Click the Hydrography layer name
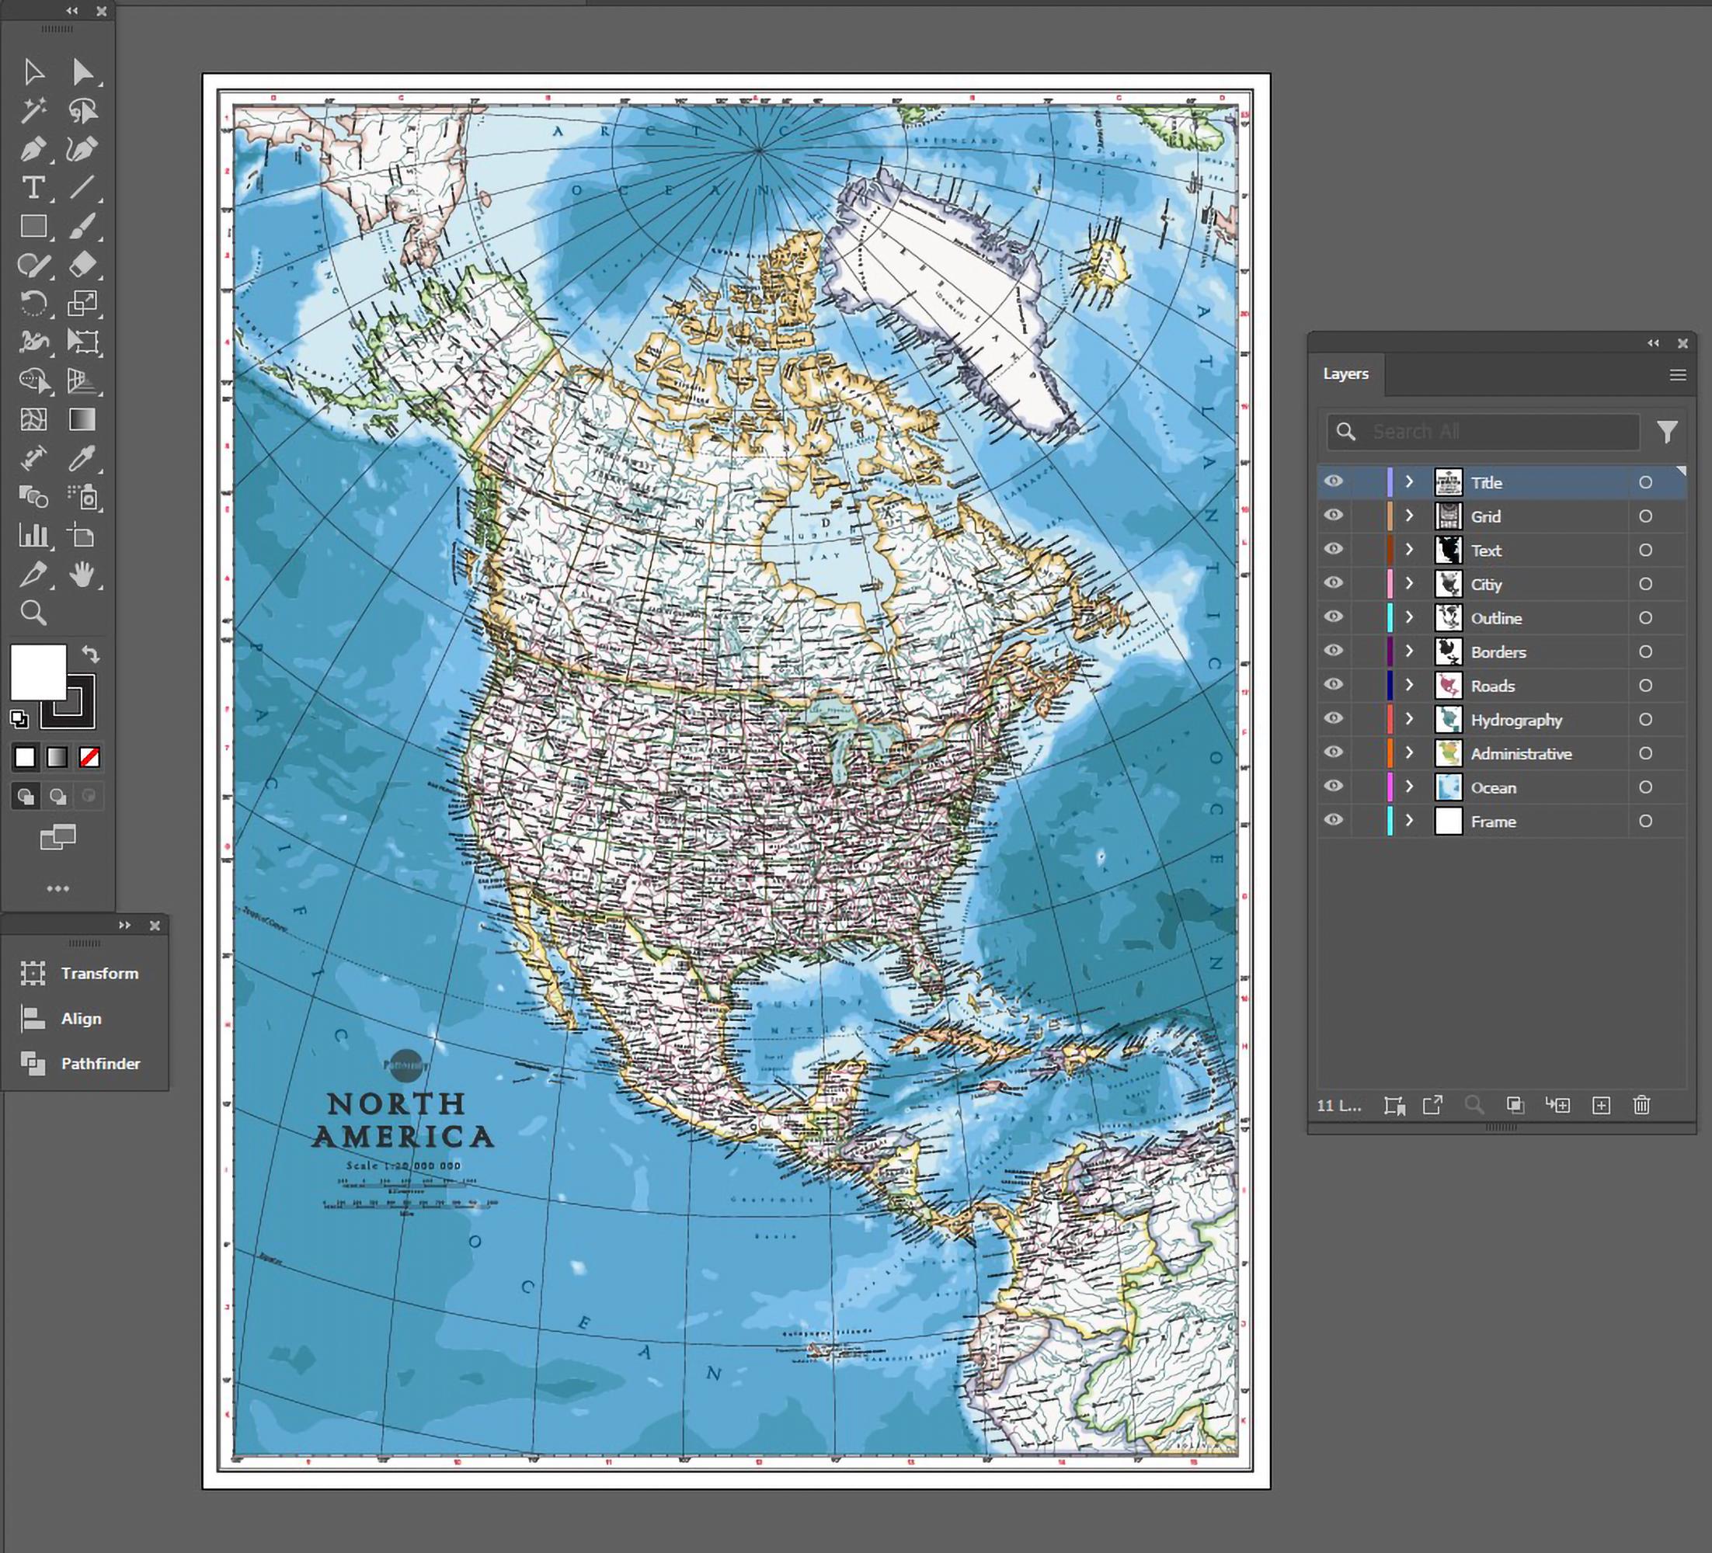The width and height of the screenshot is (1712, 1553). point(1515,720)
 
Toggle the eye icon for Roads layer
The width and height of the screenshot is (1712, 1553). point(1333,684)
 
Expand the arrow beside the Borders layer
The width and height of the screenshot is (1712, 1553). point(1409,651)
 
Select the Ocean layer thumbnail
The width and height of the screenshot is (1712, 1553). point(1448,787)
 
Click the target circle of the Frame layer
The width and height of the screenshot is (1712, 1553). point(1645,821)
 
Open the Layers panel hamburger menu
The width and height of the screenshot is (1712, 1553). point(1677,374)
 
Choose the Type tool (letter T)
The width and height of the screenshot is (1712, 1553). point(33,188)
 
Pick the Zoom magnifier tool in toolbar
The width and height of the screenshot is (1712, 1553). point(33,612)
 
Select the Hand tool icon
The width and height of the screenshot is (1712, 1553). point(82,575)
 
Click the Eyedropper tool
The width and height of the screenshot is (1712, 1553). point(82,458)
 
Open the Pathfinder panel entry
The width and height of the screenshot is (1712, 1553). point(99,1063)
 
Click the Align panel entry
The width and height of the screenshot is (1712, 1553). point(81,1018)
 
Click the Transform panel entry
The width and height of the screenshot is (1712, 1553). point(99,973)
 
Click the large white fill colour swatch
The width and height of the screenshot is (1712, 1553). point(38,671)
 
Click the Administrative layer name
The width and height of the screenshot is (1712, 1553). point(1520,754)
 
